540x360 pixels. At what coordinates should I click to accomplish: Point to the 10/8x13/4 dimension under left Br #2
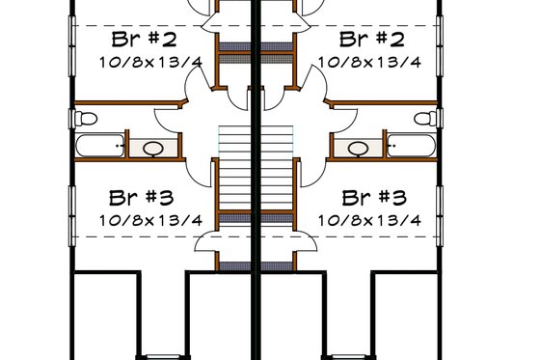click(149, 62)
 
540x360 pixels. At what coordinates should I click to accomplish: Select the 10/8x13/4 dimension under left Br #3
click(149, 220)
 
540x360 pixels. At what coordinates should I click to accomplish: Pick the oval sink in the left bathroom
click(153, 149)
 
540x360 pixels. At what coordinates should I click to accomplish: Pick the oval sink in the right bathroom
click(359, 149)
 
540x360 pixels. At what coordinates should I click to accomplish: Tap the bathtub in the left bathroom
click(99, 148)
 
